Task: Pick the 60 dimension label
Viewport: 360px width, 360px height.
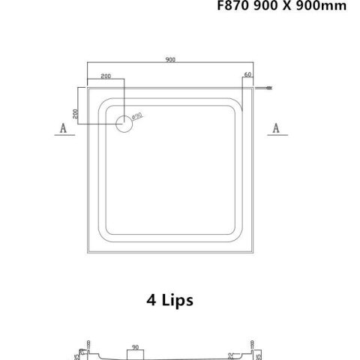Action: [247, 76]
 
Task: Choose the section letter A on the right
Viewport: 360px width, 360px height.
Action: [277, 128]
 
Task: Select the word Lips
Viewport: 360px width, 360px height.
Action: [178, 302]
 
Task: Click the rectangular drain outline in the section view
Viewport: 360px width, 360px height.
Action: [136, 352]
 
